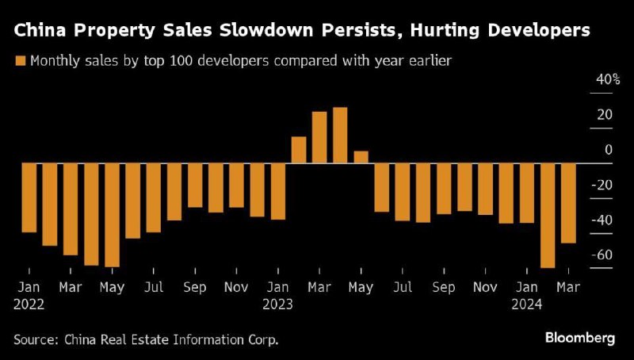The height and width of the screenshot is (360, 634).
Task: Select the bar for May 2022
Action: (113, 215)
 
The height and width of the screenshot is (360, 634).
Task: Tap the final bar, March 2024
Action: (567, 203)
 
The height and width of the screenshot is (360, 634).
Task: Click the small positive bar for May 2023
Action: (361, 157)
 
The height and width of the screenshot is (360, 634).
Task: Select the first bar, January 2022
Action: (29, 197)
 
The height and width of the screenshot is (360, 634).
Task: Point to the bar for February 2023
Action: (299, 150)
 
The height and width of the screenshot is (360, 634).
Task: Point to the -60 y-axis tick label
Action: (602, 255)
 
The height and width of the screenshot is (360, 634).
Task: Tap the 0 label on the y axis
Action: (609, 150)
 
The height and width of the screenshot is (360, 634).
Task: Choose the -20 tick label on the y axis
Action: (602, 185)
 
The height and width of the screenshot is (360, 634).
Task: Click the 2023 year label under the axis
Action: (277, 304)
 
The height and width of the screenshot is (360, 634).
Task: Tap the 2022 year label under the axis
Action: (29, 304)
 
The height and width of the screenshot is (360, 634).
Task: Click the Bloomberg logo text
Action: (580, 339)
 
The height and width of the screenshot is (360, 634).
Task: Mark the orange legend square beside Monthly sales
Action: (20, 60)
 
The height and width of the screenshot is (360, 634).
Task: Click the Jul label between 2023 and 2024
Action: (402, 288)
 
